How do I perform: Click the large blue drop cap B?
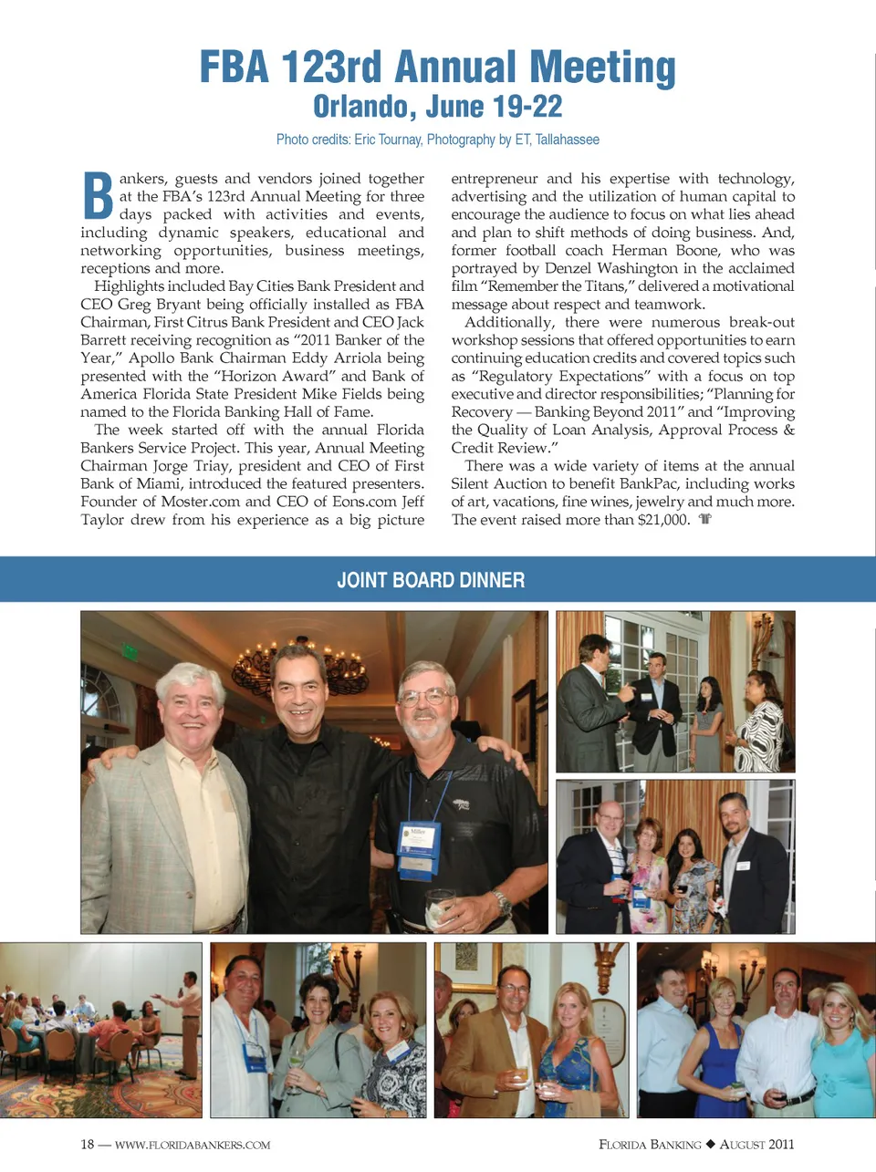click(x=98, y=196)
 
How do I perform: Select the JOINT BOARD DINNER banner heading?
click(x=431, y=580)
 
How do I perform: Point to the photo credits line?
click(x=438, y=140)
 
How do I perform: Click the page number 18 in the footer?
click(x=88, y=1145)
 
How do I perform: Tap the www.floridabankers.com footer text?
click(x=193, y=1145)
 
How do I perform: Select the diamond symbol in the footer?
click(x=711, y=1145)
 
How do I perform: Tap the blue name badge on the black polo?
click(x=418, y=846)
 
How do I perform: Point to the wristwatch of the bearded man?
click(x=502, y=903)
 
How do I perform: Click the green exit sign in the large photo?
click(x=130, y=652)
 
